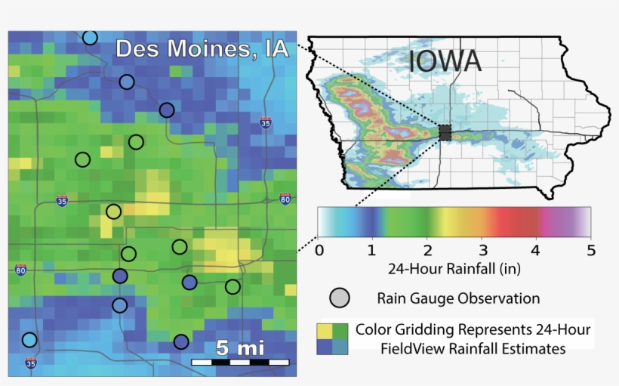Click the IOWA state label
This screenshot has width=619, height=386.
pyautogui.click(x=445, y=61)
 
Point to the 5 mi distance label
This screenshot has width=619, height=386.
pyautogui.click(x=239, y=348)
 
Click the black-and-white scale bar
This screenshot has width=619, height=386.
pyautogui.click(x=239, y=363)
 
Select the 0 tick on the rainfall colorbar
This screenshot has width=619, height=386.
pyautogui.click(x=319, y=249)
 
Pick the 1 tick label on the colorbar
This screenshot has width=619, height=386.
pyautogui.click(x=371, y=249)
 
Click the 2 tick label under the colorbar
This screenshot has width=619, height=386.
pyautogui.click(x=427, y=249)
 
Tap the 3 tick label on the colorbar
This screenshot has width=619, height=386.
pyautogui.click(x=481, y=249)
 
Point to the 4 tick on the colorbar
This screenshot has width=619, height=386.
pyautogui.click(x=536, y=249)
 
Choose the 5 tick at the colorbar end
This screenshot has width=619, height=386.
pyautogui.click(x=590, y=249)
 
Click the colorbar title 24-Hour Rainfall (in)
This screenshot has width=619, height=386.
pyautogui.click(x=454, y=269)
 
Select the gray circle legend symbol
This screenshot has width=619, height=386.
pyautogui.click(x=340, y=298)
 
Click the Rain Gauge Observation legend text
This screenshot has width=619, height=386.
pyautogui.click(x=458, y=298)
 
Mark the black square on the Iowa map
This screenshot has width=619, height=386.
pyautogui.click(x=445, y=133)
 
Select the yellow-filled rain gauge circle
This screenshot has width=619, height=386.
pyautogui.click(x=113, y=212)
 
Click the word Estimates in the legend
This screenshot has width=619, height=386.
pyautogui.click(x=534, y=349)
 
